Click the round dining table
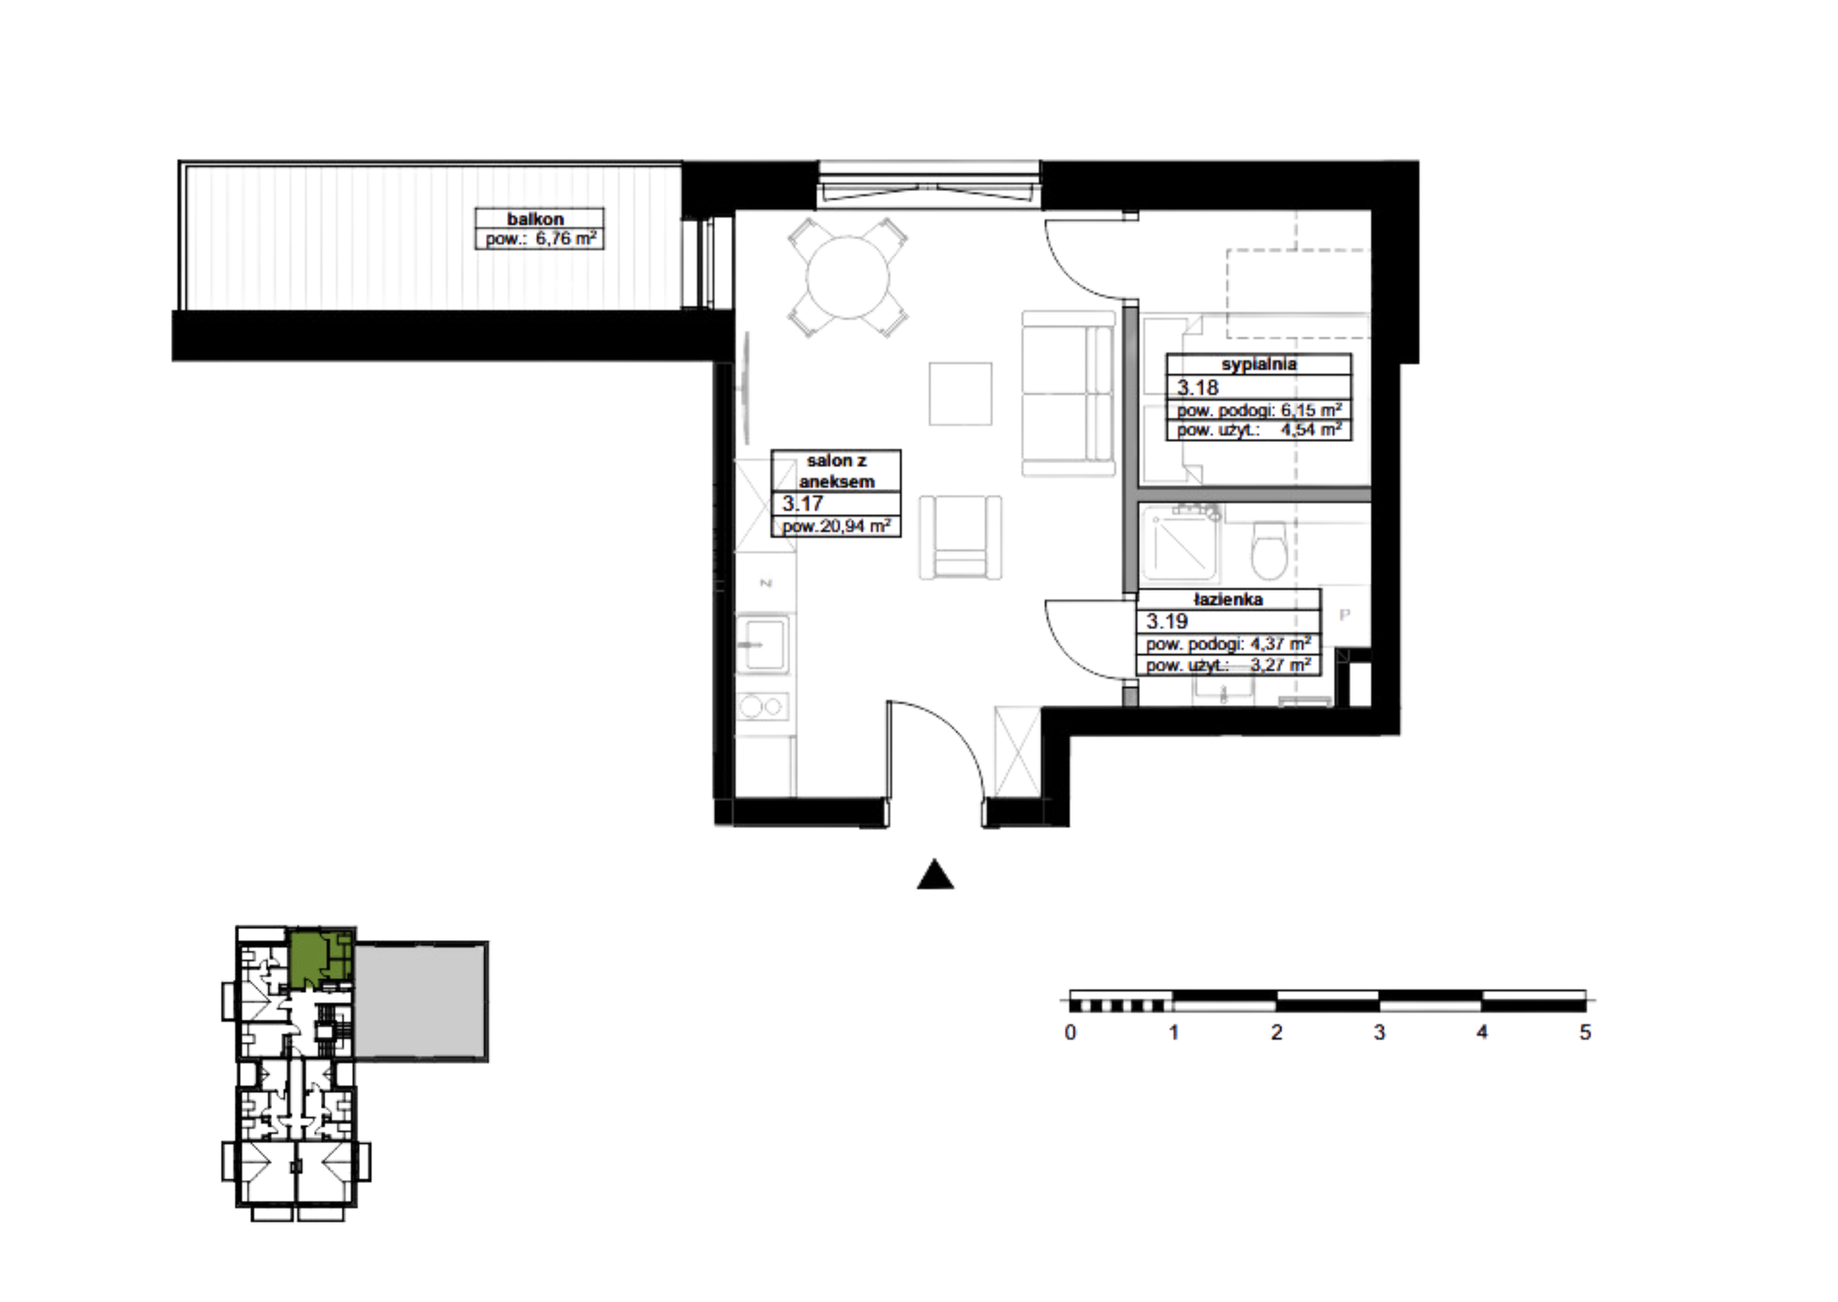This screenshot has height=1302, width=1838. [847, 277]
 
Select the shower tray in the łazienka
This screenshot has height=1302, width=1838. [1181, 543]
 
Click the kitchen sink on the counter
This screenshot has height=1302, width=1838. [763, 643]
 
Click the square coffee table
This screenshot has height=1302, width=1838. [960, 394]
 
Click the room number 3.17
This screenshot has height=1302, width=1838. [802, 503]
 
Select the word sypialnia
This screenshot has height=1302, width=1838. [1259, 364]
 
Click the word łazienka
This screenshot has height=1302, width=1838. [1228, 600]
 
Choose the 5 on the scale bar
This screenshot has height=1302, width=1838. [1585, 1033]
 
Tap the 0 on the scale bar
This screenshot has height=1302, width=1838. [1070, 1033]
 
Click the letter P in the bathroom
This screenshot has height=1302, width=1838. [1345, 615]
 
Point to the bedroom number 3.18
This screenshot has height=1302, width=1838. [1198, 388]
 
